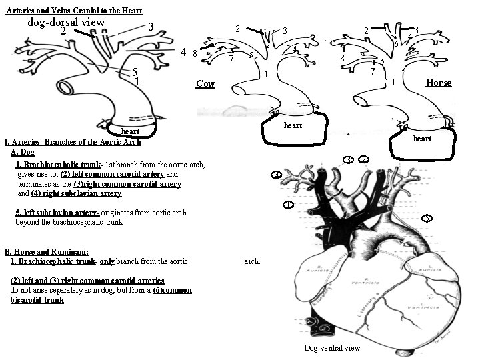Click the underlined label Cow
tap(205, 83)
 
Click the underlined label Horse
tap(438, 83)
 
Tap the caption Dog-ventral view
tap(332, 347)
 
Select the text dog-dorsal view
tap(66, 22)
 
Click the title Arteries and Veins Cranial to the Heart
tap(73, 9)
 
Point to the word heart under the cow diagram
tap(293, 125)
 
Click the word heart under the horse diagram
tap(422, 139)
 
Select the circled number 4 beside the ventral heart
tap(277, 175)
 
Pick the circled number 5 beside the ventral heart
tap(427, 218)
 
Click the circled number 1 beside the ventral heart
tap(287, 204)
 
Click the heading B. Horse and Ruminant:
tap(47, 251)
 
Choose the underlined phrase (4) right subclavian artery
tap(76, 193)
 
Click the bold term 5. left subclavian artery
tap(57, 213)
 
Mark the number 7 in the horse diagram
tap(372, 70)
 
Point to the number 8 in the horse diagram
tap(341, 59)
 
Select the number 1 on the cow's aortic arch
tap(265, 74)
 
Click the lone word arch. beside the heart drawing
tap(252, 261)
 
